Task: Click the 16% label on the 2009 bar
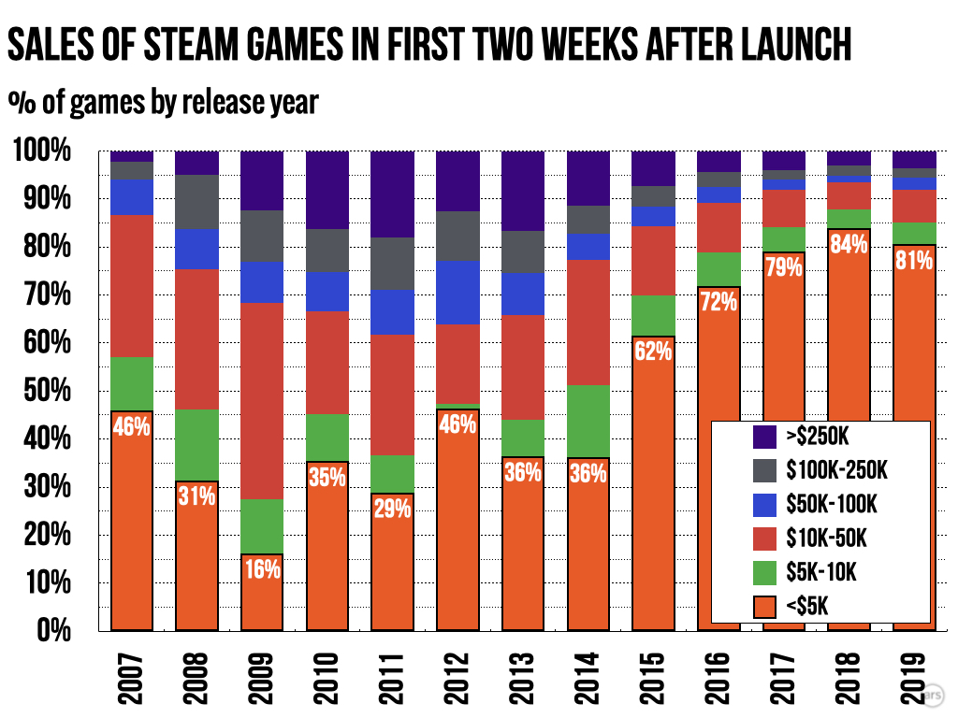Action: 262,567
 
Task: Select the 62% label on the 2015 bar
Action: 653,352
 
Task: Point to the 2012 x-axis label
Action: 458,670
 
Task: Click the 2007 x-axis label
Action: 132,670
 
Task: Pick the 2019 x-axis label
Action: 915,670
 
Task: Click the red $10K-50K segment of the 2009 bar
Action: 262,400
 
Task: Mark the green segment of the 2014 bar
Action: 588,422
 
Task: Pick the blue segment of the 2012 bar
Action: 458,293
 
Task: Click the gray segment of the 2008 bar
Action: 197,202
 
